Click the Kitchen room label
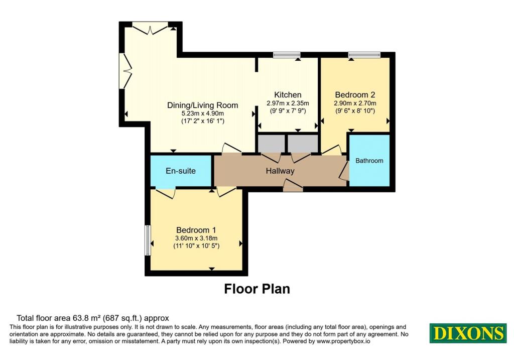coord(288,95)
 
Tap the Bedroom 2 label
coord(355,95)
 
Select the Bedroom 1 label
coord(196,230)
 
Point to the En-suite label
coord(181,171)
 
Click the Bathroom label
coord(369,161)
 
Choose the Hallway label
coord(280,171)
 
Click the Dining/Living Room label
coord(203,105)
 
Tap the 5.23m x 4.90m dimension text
coord(203,113)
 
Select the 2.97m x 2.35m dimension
coord(288,103)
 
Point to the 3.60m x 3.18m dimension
coord(196,238)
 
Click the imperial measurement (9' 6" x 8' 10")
coord(355,111)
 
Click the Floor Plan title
coord(257,289)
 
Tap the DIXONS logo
coord(468,333)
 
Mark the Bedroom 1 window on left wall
coord(148,240)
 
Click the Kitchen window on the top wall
coord(287,55)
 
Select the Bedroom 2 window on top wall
coord(364,55)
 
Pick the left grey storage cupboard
coord(271,143)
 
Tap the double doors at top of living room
coord(150,28)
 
